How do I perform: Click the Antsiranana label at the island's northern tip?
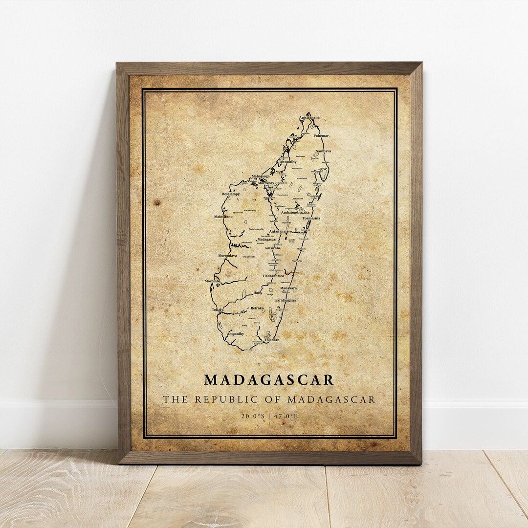click(312, 118)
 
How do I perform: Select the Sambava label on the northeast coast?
click(323, 152)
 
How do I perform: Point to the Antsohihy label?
click(287, 161)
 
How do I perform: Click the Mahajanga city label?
click(261, 176)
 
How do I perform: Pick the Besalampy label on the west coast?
click(231, 194)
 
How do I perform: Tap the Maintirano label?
click(223, 216)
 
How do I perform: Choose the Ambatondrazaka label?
click(296, 213)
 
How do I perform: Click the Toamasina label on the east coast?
click(311, 218)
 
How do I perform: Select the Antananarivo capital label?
click(280, 231)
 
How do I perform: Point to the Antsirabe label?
click(273, 248)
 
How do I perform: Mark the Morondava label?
click(227, 255)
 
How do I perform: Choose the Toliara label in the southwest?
click(218, 309)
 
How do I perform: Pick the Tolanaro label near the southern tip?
click(271, 339)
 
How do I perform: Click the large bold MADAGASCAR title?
click(269, 380)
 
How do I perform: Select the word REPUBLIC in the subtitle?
click(222, 399)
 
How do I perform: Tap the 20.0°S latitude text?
click(251, 417)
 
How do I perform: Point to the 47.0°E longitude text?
click(286, 417)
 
